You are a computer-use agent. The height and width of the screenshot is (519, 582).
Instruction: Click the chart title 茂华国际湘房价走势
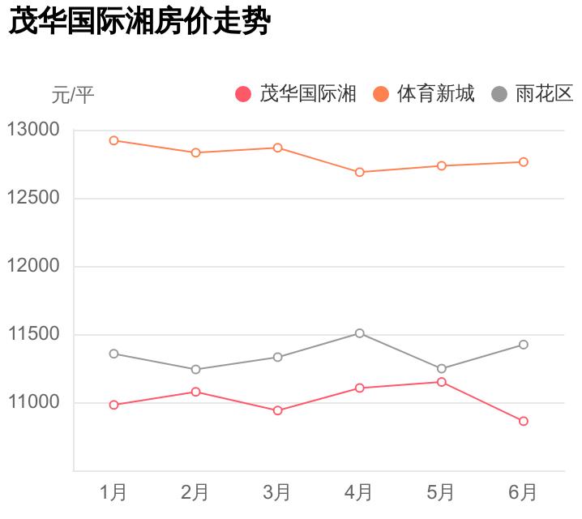tap(138, 22)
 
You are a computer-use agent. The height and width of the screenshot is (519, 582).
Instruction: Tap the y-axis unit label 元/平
tap(73, 96)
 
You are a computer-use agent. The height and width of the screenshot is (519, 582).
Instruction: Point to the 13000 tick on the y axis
tap(33, 130)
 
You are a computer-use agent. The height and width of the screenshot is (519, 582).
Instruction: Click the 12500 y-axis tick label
tap(33, 199)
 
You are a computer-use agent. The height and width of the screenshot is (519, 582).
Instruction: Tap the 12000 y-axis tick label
tap(33, 267)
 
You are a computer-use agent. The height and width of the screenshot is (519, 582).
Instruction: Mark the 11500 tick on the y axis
tap(33, 335)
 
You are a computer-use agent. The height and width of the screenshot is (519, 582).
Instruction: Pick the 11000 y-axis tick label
tap(33, 403)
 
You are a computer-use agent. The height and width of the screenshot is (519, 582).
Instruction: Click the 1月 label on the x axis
tap(113, 492)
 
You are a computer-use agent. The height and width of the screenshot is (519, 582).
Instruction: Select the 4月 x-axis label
tap(359, 492)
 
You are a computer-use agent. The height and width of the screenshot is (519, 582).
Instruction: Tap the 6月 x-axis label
tap(523, 492)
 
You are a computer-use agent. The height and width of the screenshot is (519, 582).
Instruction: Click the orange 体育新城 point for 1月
tap(114, 140)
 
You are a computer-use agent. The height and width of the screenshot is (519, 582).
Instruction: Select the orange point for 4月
tap(359, 172)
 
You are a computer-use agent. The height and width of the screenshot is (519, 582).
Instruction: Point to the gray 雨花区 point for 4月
tap(359, 333)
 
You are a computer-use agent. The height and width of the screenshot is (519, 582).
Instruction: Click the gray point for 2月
tap(195, 370)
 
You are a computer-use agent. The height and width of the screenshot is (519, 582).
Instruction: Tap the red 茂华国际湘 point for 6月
tap(524, 422)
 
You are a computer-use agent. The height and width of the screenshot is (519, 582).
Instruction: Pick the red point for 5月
tap(442, 382)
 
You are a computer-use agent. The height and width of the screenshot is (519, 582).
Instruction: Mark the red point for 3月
tap(277, 410)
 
